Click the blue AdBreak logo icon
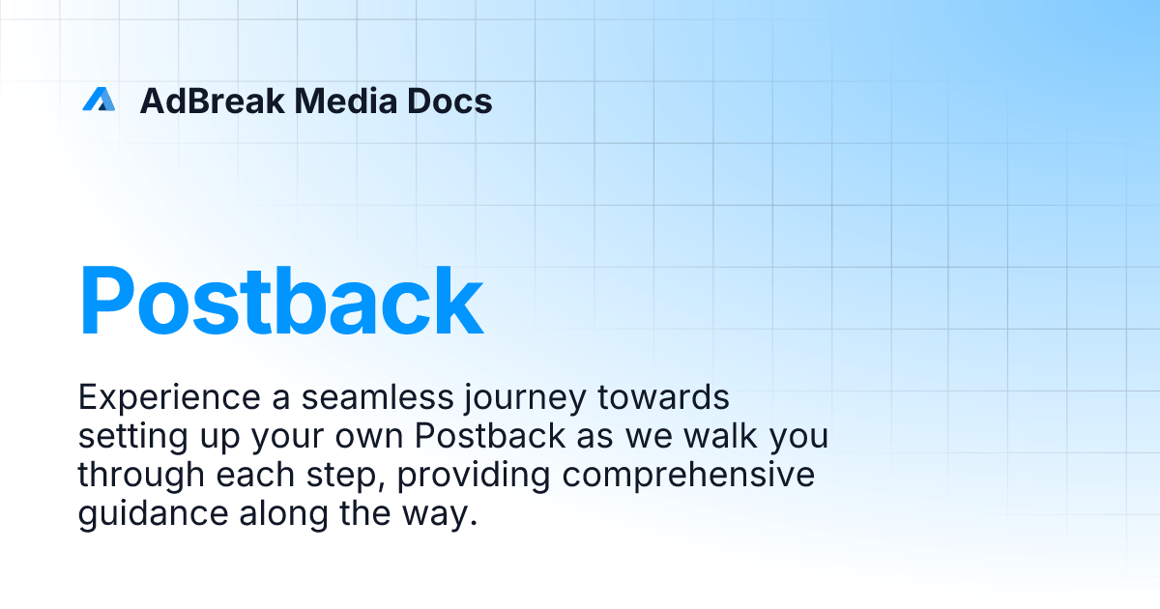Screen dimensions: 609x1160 [x=99, y=100]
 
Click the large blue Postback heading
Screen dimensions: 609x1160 [x=280, y=301]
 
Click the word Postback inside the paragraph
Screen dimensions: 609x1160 [x=491, y=436]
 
